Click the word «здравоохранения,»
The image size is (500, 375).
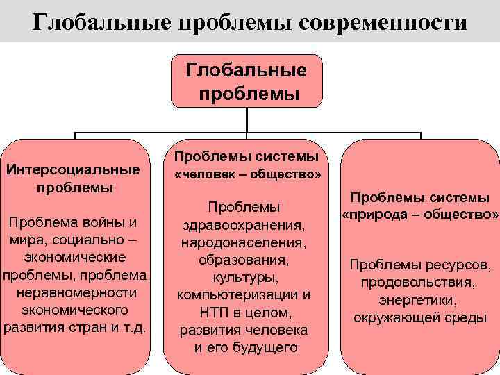point(243,226)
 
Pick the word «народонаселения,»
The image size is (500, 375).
point(243,243)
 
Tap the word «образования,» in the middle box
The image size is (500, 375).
point(243,260)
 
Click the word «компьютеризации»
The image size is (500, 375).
point(237,295)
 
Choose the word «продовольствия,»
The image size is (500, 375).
point(418,283)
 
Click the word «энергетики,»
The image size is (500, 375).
point(418,301)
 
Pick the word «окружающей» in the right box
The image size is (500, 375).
point(394,318)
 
